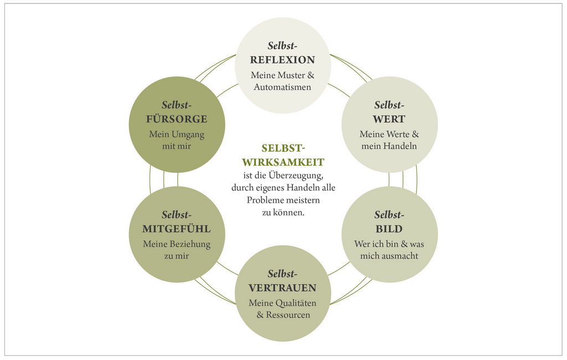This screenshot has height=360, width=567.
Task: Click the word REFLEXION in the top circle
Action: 282,60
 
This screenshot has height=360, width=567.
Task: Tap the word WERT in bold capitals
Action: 389,119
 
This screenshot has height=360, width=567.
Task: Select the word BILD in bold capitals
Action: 389,229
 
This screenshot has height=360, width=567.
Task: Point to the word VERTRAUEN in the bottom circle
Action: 282,288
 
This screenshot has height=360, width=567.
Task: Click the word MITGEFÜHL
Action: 177,229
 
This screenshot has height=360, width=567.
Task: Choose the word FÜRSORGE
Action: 177,119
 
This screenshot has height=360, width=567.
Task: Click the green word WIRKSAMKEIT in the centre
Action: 283,162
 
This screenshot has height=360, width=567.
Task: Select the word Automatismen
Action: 282,87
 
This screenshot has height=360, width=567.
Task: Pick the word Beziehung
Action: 189,244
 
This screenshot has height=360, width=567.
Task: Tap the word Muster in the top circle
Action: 291,75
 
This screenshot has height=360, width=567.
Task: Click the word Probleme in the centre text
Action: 265,199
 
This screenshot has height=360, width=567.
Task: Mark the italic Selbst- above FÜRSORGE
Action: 177,105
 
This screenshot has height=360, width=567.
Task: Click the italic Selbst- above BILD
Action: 389,215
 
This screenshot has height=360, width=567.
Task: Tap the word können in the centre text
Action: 288,212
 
